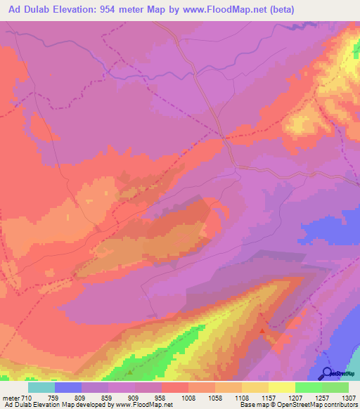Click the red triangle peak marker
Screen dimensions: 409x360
(x=262, y=329)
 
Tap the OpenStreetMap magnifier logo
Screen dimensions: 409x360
(x=328, y=372)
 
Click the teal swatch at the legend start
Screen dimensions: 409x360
(x=41, y=387)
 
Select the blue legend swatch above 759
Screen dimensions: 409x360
(x=68, y=387)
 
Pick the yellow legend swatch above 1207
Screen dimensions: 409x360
(x=281, y=387)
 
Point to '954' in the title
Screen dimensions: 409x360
(x=115, y=9)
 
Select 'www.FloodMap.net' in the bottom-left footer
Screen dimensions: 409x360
(x=141, y=405)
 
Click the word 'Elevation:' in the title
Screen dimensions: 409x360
(x=78, y=9)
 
